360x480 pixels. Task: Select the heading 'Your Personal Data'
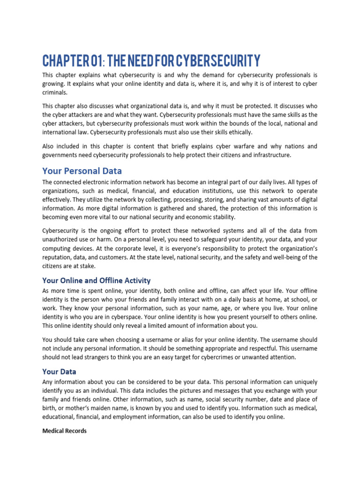[x=82, y=170]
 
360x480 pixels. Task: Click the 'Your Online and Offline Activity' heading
[x=96, y=280]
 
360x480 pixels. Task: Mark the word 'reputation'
[x=59, y=257]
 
